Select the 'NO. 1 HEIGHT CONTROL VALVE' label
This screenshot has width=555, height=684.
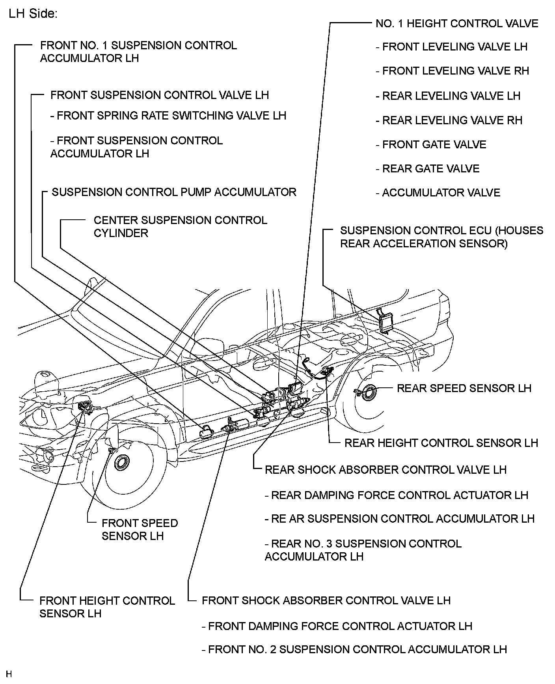pos(456,24)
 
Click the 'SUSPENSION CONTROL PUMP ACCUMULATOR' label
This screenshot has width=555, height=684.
pos(174,192)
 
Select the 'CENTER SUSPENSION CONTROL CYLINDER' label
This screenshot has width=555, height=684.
pos(180,226)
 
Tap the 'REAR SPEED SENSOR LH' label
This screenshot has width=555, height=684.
pos(464,388)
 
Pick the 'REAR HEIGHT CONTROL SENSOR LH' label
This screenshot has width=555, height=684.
pos(441,443)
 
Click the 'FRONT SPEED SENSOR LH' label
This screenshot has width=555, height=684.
pos(140,529)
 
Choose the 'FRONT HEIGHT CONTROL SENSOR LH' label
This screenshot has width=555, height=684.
pos(107,607)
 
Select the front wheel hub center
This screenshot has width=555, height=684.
pos(121,462)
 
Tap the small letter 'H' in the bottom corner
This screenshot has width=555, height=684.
pos(9,674)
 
